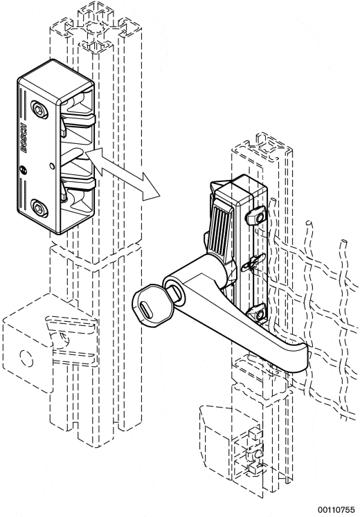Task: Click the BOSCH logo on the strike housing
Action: (23, 138)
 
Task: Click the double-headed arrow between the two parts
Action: (125, 174)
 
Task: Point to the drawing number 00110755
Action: (336, 509)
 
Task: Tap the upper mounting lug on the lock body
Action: (255, 215)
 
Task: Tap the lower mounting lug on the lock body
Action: (257, 314)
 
